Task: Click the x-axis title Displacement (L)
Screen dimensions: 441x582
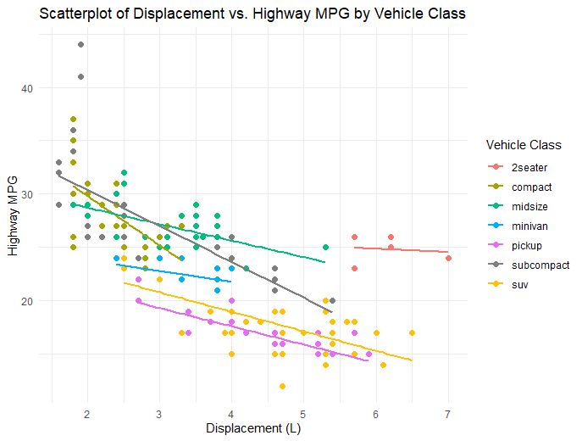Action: [x=253, y=428]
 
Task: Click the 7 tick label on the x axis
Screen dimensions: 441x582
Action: [x=447, y=413]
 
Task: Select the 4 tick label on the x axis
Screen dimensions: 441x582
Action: [x=231, y=413]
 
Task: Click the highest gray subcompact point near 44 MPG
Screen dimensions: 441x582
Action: [x=80, y=45]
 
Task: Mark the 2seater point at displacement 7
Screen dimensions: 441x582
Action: [x=448, y=258]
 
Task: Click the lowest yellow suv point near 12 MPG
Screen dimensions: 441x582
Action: [x=282, y=386]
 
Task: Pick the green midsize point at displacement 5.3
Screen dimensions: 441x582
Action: [x=325, y=247]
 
